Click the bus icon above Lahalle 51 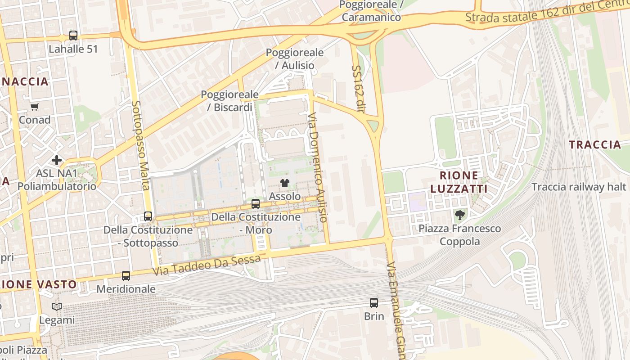click(73, 35)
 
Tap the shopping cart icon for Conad click(35, 107)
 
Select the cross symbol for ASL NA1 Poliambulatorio click(57, 160)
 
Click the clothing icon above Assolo click(284, 183)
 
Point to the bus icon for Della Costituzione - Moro click(256, 203)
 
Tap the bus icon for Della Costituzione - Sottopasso click(148, 216)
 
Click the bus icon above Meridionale click(126, 275)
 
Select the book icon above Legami click(57, 306)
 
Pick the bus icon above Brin click(374, 302)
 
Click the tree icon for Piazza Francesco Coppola click(459, 215)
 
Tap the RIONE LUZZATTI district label click(459, 182)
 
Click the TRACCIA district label click(594, 144)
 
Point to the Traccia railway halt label click(579, 187)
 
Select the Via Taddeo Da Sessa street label click(206, 265)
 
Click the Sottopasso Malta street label click(140, 145)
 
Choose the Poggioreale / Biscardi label click(229, 101)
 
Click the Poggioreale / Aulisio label click(294, 58)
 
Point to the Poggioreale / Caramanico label click(371, 11)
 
